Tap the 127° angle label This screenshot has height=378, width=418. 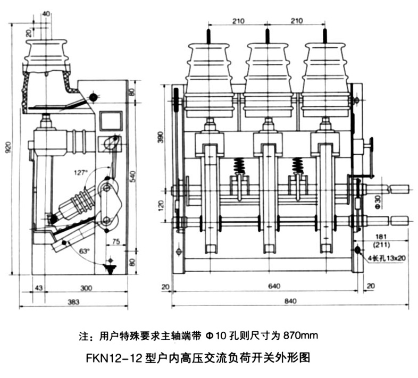pos(81,172)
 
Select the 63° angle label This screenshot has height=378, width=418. pos(84,249)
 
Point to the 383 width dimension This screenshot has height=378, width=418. pos(73,303)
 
